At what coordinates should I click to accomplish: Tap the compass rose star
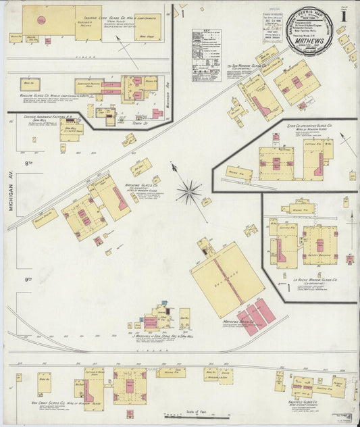(x=188, y=191)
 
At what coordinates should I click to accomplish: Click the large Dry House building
(x=227, y=278)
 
